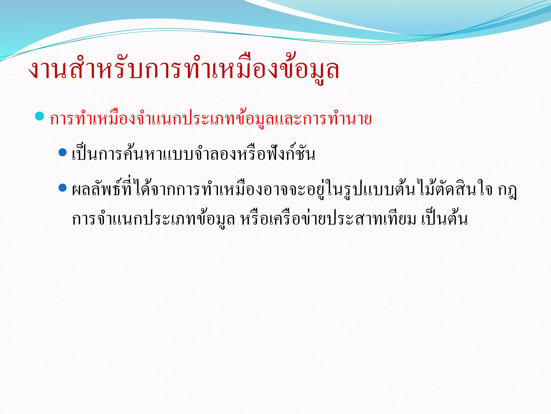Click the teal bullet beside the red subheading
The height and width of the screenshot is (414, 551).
pos(40,116)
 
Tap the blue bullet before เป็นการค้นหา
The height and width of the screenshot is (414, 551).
pos(62,152)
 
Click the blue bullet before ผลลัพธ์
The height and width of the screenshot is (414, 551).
pos(62,188)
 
